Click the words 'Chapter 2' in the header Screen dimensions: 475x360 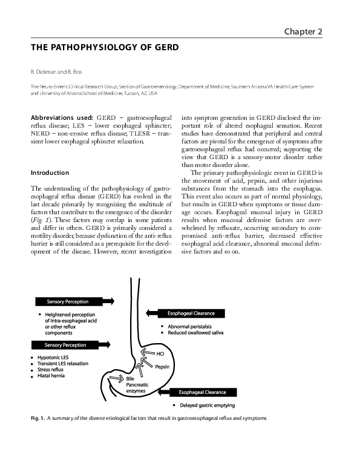[x=309, y=31]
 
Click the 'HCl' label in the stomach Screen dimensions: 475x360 [x=160, y=353]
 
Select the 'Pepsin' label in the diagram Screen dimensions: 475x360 [x=161, y=367]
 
